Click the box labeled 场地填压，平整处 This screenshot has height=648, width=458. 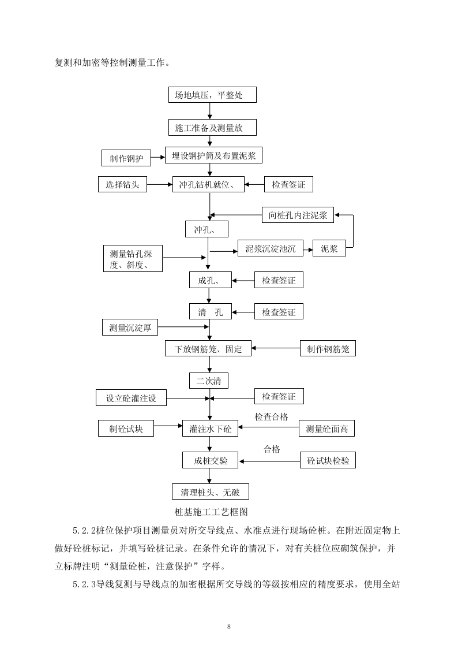pos(212,95)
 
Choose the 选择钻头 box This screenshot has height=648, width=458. pos(122,185)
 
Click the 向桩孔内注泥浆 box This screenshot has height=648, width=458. pos(298,215)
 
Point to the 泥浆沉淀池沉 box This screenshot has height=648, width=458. pos(271,249)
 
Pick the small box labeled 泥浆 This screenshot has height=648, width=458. pos(329,249)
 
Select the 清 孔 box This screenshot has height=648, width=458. pos(210,312)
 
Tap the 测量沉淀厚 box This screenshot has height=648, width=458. pos(130,328)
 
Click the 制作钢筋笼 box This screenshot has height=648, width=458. pos(328,349)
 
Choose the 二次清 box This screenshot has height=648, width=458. pos(209,381)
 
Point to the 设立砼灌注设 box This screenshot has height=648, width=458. pos(130,398)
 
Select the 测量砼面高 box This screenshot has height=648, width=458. pos(327,429)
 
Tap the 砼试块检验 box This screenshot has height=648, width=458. pos(328,460)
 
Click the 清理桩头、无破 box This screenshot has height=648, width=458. pos(211,492)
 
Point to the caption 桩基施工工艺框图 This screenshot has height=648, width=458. pos(211,512)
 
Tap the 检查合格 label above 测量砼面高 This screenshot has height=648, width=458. pos(271,416)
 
